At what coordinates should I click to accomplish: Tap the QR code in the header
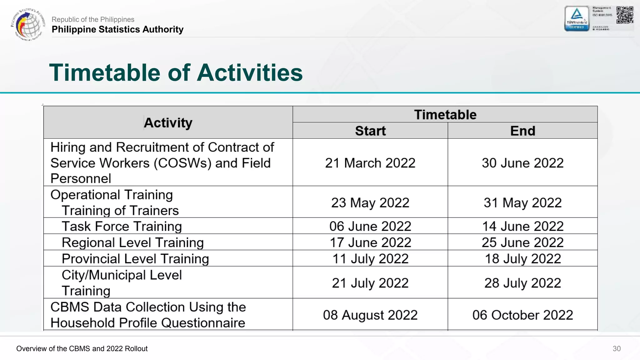point(625,15)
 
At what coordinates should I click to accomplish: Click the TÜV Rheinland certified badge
point(577,18)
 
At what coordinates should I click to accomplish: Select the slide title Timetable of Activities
point(176,72)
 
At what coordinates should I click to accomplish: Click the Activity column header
point(168,122)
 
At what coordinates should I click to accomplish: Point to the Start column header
point(370,131)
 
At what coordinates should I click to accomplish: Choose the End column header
point(522,131)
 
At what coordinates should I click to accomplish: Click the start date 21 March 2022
point(370,163)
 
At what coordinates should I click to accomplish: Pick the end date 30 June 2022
point(522,163)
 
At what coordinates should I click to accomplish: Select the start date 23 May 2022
point(370,202)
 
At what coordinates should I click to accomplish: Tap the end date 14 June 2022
point(522,226)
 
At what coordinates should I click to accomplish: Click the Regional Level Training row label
point(132,242)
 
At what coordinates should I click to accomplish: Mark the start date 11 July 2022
point(370,259)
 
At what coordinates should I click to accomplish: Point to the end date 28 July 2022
point(522,283)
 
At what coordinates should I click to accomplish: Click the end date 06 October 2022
point(522,315)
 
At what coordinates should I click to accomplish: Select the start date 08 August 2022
point(370,315)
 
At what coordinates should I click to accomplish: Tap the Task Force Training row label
point(122,226)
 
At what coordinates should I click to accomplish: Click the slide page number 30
point(617,348)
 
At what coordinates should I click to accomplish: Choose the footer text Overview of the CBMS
point(82,348)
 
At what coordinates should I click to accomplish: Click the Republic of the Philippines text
point(93,19)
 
